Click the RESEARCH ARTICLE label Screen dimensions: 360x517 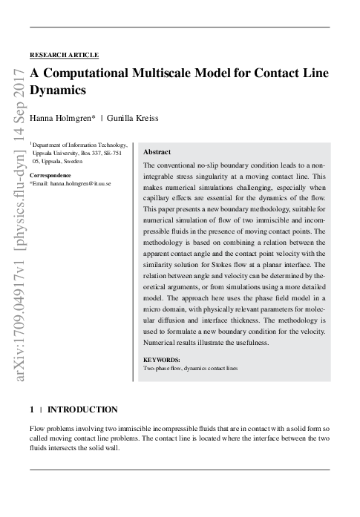(64, 55)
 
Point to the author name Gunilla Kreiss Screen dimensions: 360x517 (133, 118)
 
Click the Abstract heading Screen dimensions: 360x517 (157, 151)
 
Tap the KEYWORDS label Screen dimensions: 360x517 (161, 360)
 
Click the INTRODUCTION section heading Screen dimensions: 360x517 (82, 409)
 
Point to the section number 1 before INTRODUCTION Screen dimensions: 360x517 (32, 409)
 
